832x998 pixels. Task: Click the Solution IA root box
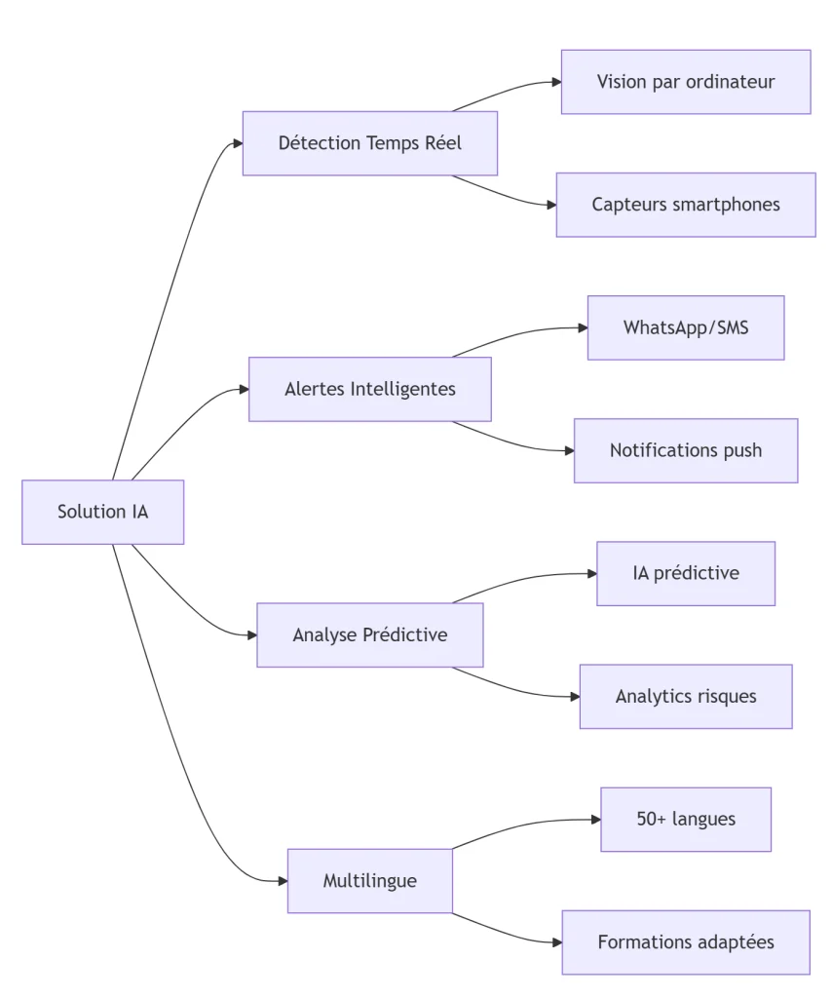tap(102, 512)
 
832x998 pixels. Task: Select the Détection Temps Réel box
tap(369, 143)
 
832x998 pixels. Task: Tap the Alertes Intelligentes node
tap(369, 389)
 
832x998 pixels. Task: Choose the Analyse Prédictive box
tap(369, 634)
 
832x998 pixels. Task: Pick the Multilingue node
tap(369, 880)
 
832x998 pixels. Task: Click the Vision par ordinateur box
tap(685, 82)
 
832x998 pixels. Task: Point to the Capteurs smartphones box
tap(685, 205)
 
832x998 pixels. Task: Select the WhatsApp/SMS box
tap(685, 327)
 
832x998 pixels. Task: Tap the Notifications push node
tap(685, 450)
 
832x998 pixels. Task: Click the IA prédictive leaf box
tap(685, 573)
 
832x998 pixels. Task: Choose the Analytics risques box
tap(685, 696)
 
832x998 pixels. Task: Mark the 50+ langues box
tap(685, 819)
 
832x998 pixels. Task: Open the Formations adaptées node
tap(685, 942)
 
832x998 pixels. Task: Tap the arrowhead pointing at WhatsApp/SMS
tap(582, 327)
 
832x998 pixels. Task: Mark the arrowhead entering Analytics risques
tap(574, 696)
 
